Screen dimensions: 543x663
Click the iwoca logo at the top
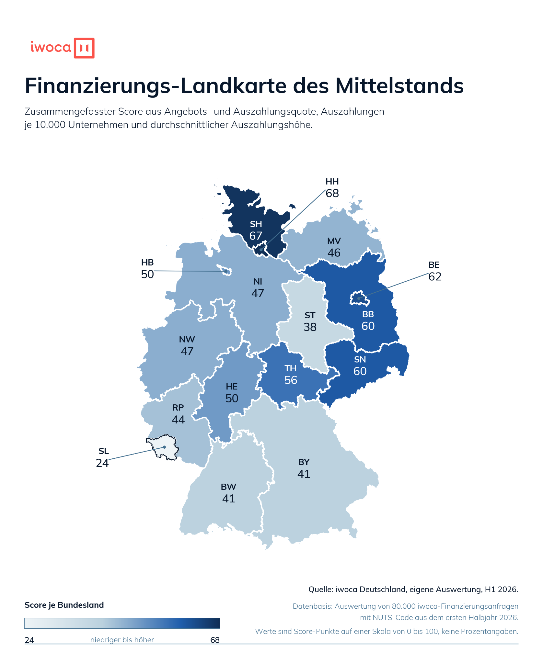tap(62, 48)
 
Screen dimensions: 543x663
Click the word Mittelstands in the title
tap(399, 86)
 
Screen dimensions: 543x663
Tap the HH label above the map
tap(332, 181)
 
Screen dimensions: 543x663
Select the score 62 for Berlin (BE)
tap(435, 277)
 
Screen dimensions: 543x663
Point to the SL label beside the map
tap(104, 451)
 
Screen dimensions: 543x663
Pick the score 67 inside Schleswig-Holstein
tap(256, 236)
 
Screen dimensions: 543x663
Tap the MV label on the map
tap(334, 241)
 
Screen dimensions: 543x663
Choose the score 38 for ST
tap(310, 327)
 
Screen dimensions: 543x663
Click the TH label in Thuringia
tap(291, 368)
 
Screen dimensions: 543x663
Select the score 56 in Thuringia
tap(291, 380)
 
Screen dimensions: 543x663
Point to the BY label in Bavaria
tap(304, 462)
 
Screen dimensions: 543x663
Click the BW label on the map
tap(228, 487)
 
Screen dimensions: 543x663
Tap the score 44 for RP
tap(178, 420)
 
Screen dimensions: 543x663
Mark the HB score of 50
tap(147, 274)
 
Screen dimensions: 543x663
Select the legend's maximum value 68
tap(215, 640)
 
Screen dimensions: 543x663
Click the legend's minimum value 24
tap(29, 640)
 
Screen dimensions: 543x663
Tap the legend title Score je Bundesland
tap(64, 605)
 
